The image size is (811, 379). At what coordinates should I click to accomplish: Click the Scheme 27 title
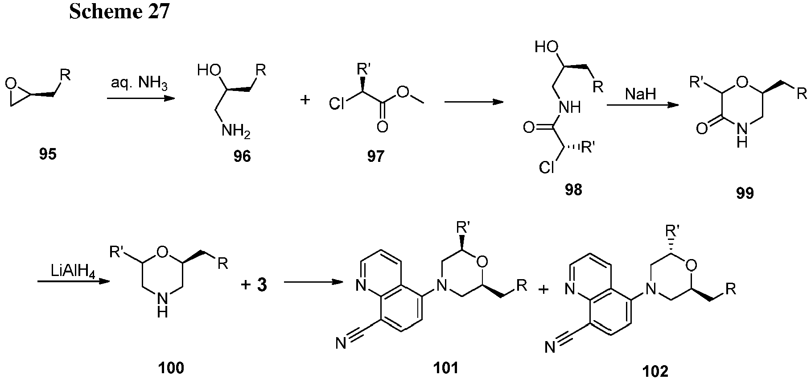(x=119, y=12)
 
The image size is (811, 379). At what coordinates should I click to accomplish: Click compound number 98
(x=573, y=189)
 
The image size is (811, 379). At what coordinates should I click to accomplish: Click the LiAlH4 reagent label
(x=73, y=271)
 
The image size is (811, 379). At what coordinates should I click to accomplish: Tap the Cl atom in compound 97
(x=338, y=105)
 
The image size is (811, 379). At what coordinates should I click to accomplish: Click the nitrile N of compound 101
(x=342, y=343)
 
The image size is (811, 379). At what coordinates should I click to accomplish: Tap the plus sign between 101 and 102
(x=543, y=290)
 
